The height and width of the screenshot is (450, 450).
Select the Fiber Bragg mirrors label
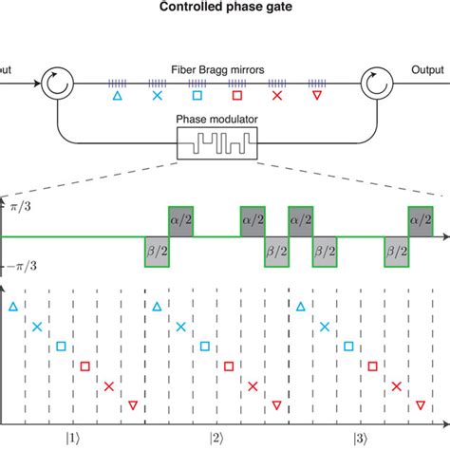coord(225,69)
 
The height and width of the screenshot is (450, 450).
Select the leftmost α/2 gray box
coord(180,219)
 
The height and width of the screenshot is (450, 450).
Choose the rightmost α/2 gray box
coord(420,219)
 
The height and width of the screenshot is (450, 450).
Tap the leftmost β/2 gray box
coord(156,251)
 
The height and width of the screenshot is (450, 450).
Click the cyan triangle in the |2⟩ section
coord(156,306)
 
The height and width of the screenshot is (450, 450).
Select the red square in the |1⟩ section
coord(84,366)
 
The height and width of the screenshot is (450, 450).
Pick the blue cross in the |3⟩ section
coord(325,326)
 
